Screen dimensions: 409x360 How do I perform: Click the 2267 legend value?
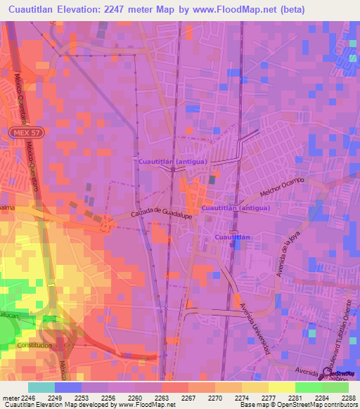click(188, 397)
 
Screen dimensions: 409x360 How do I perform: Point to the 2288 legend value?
click(349, 397)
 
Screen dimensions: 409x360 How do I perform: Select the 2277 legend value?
click(269, 397)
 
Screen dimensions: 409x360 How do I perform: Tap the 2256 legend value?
click(108, 397)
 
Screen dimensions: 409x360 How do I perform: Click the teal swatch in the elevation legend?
click(41, 387)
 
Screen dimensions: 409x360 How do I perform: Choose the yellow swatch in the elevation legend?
click(281, 387)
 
